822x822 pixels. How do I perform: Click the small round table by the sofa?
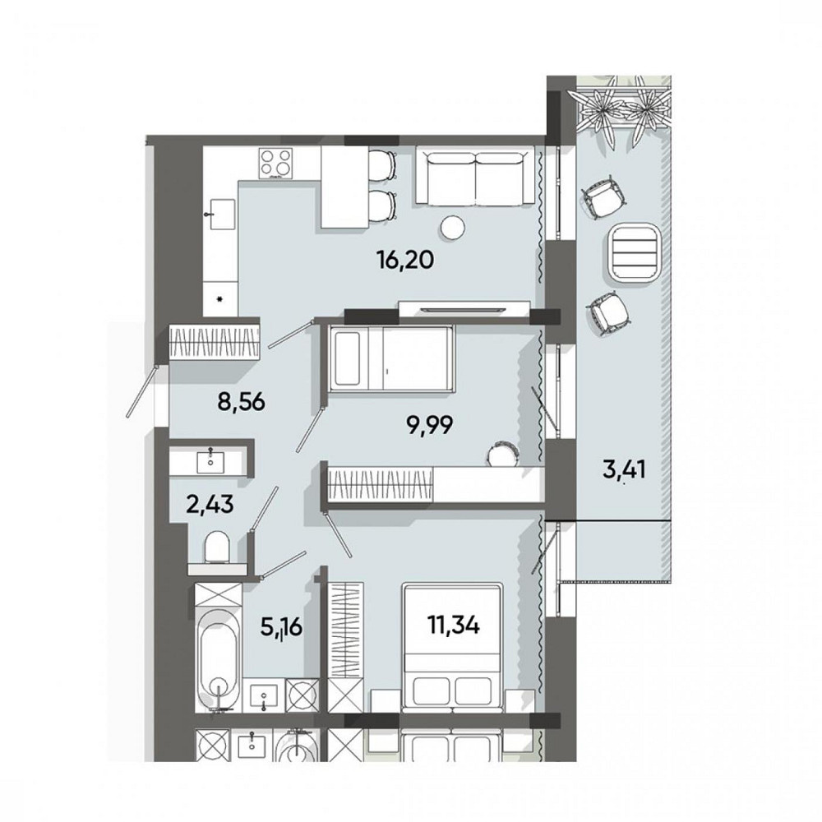pyautogui.click(x=451, y=225)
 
